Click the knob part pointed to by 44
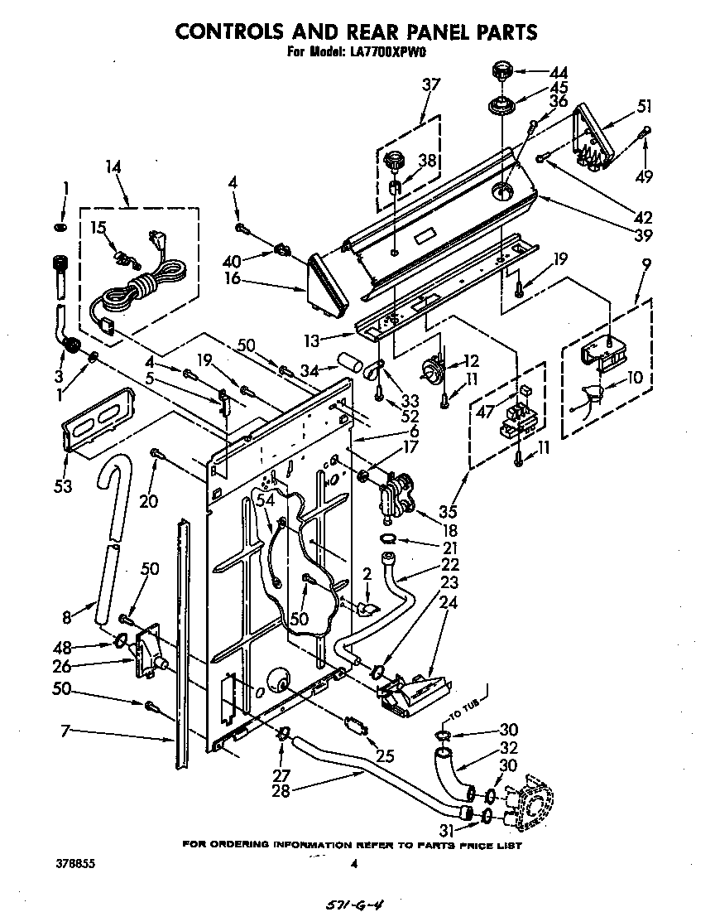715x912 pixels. [x=502, y=70]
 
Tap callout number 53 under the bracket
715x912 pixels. [x=63, y=485]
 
